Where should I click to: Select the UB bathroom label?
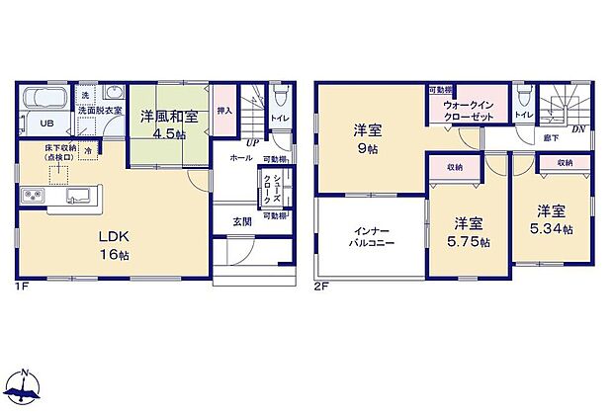coord(44,125)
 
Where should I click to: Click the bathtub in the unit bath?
coord(44,101)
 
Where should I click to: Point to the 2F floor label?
coord(321,288)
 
